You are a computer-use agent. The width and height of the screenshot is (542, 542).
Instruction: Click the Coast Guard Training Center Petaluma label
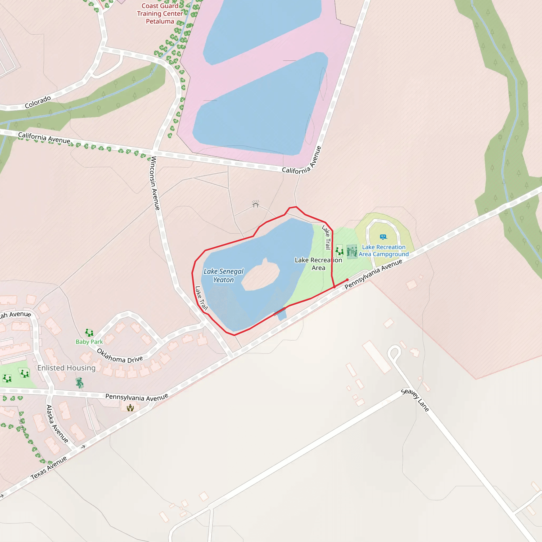click(x=160, y=13)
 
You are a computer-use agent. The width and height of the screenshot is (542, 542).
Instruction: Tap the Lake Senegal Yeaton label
click(x=224, y=275)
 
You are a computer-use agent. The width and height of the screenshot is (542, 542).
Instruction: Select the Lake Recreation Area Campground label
click(x=383, y=251)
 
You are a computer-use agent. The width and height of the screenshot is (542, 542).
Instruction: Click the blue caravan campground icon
click(x=383, y=237)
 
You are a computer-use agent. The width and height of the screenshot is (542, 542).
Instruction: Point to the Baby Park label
click(x=89, y=342)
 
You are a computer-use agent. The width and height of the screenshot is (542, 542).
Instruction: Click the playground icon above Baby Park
click(x=89, y=333)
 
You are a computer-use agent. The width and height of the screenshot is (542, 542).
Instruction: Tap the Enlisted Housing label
click(x=66, y=368)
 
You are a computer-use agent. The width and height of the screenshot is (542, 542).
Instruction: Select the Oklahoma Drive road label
click(x=120, y=356)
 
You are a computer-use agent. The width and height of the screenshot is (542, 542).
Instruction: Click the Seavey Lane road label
click(x=415, y=400)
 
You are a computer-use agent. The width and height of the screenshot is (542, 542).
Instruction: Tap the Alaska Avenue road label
click(x=57, y=424)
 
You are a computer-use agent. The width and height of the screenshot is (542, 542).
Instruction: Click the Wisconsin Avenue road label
click(x=155, y=183)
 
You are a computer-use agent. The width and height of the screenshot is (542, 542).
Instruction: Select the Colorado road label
click(x=38, y=102)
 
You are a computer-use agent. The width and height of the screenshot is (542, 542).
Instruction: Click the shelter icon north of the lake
click(x=255, y=204)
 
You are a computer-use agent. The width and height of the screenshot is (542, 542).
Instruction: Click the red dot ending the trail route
click(x=347, y=280)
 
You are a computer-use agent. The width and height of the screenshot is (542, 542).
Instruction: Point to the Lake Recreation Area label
click(x=318, y=264)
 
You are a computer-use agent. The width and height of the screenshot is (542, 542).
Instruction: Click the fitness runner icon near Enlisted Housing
click(x=80, y=383)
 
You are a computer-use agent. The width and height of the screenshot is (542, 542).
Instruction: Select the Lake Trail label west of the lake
click(x=201, y=298)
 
